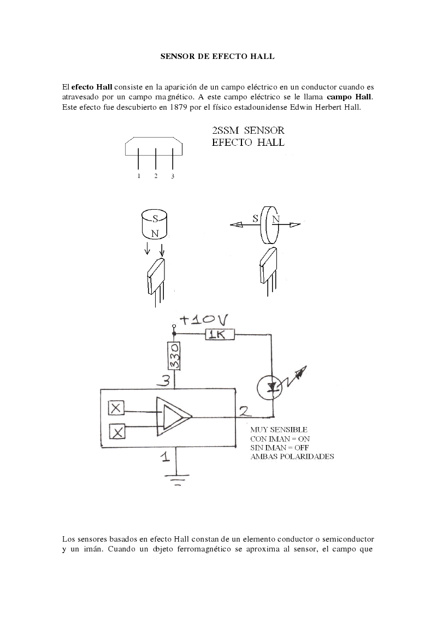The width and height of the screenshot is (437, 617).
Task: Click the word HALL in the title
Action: [x=263, y=56]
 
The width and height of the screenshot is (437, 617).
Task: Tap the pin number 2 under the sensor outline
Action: [x=156, y=176]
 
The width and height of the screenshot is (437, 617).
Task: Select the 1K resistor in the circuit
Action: [x=220, y=335]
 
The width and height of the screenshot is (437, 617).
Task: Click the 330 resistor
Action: [x=174, y=356]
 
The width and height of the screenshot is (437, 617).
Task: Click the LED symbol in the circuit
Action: [x=270, y=388]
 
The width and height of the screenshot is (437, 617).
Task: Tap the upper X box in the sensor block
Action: [x=116, y=408]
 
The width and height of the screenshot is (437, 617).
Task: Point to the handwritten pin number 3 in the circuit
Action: [x=164, y=381]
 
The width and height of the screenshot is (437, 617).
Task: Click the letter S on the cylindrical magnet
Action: [x=155, y=218]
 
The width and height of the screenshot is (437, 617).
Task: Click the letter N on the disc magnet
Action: [x=276, y=219]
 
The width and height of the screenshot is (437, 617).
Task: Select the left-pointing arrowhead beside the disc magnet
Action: [x=236, y=224]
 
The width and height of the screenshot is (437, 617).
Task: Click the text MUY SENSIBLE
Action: [x=279, y=430]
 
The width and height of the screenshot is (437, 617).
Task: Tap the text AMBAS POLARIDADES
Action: [x=292, y=456]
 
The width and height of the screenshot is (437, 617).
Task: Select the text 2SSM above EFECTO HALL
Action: [x=226, y=130]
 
